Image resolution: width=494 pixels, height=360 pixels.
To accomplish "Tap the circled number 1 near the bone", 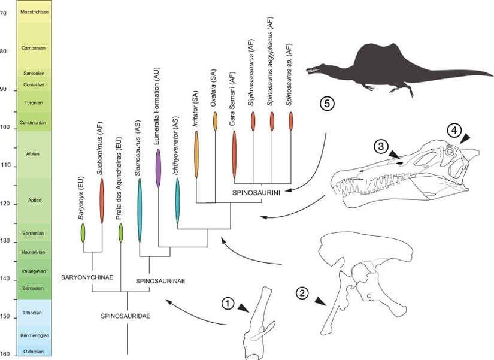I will [228, 304].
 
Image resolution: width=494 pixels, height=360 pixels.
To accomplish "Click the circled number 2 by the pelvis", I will [303, 293].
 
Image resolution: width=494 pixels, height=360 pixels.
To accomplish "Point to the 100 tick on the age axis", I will [8, 128].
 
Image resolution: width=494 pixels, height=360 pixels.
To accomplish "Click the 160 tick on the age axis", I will [8, 353].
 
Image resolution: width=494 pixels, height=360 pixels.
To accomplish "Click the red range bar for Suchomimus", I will [102, 200].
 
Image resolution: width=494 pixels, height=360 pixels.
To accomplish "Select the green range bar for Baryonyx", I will [83, 232].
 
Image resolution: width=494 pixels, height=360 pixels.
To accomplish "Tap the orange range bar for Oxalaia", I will [215, 121].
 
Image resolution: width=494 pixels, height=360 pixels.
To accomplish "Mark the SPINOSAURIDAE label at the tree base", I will [125, 315].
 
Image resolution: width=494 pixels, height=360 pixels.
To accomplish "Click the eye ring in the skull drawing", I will [450, 153].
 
